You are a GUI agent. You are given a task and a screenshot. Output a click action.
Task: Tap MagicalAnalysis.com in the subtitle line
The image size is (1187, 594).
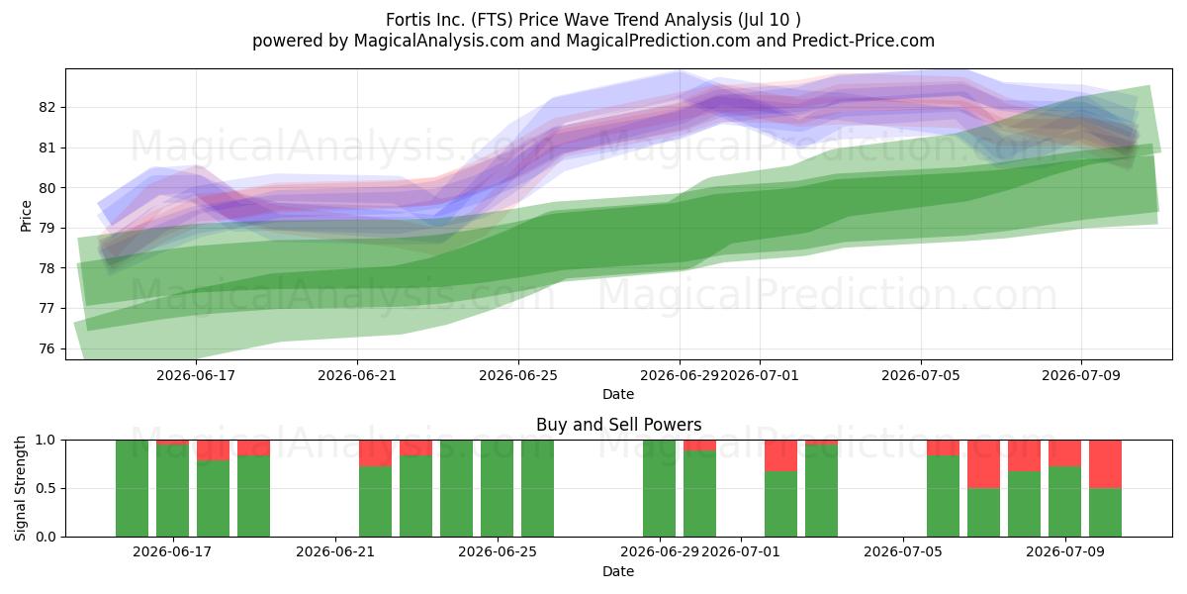click(x=439, y=41)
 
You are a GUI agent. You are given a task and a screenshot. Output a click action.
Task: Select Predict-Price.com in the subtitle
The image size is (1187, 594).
click(x=864, y=41)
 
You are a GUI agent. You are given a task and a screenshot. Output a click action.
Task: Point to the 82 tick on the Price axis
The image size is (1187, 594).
click(x=46, y=107)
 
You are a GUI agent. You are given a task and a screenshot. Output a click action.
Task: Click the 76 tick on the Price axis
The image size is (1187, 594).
click(x=46, y=348)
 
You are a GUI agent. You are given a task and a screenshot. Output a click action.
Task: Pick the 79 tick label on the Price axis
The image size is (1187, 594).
click(x=46, y=228)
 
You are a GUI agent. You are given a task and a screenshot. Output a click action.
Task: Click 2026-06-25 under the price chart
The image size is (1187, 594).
click(x=518, y=375)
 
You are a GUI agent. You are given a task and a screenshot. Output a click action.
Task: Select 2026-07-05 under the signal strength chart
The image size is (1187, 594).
click(x=903, y=552)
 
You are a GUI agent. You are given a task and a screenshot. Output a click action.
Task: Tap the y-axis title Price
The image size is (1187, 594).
click(x=26, y=216)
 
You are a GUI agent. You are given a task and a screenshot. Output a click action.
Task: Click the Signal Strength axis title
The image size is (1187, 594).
click(x=20, y=488)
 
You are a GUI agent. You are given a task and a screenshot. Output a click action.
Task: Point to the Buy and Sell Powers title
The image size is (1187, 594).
click(x=619, y=425)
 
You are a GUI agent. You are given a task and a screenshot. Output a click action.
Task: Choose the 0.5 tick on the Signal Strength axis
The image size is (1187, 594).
click(x=46, y=488)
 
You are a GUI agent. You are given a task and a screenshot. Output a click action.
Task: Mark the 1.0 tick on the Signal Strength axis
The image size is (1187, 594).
click(x=46, y=441)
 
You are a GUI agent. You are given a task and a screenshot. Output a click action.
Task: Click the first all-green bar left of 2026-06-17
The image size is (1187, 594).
click(x=132, y=488)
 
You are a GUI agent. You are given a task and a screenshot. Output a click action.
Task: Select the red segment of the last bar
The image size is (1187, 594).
click(x=1106, y=464)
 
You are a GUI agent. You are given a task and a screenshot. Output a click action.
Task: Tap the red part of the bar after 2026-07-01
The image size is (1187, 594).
click(x=781, y=455)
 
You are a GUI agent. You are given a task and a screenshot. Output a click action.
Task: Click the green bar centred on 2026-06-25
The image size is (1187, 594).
click(x=497, y=488)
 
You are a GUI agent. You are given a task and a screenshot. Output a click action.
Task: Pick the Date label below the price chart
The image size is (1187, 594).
click(x=618, y=394)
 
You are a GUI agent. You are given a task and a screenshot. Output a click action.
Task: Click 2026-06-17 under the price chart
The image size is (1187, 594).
click(x=196, y=375)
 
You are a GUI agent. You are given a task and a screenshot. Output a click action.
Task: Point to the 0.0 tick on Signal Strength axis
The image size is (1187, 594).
click(x=46, y=537)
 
